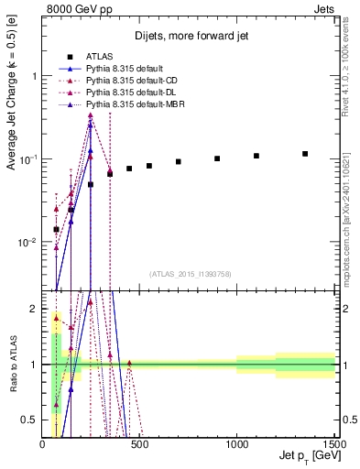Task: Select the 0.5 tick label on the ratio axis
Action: click(29, 420)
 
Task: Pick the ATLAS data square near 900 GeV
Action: click(217, 158)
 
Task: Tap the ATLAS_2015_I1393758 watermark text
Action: click(191, 274)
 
